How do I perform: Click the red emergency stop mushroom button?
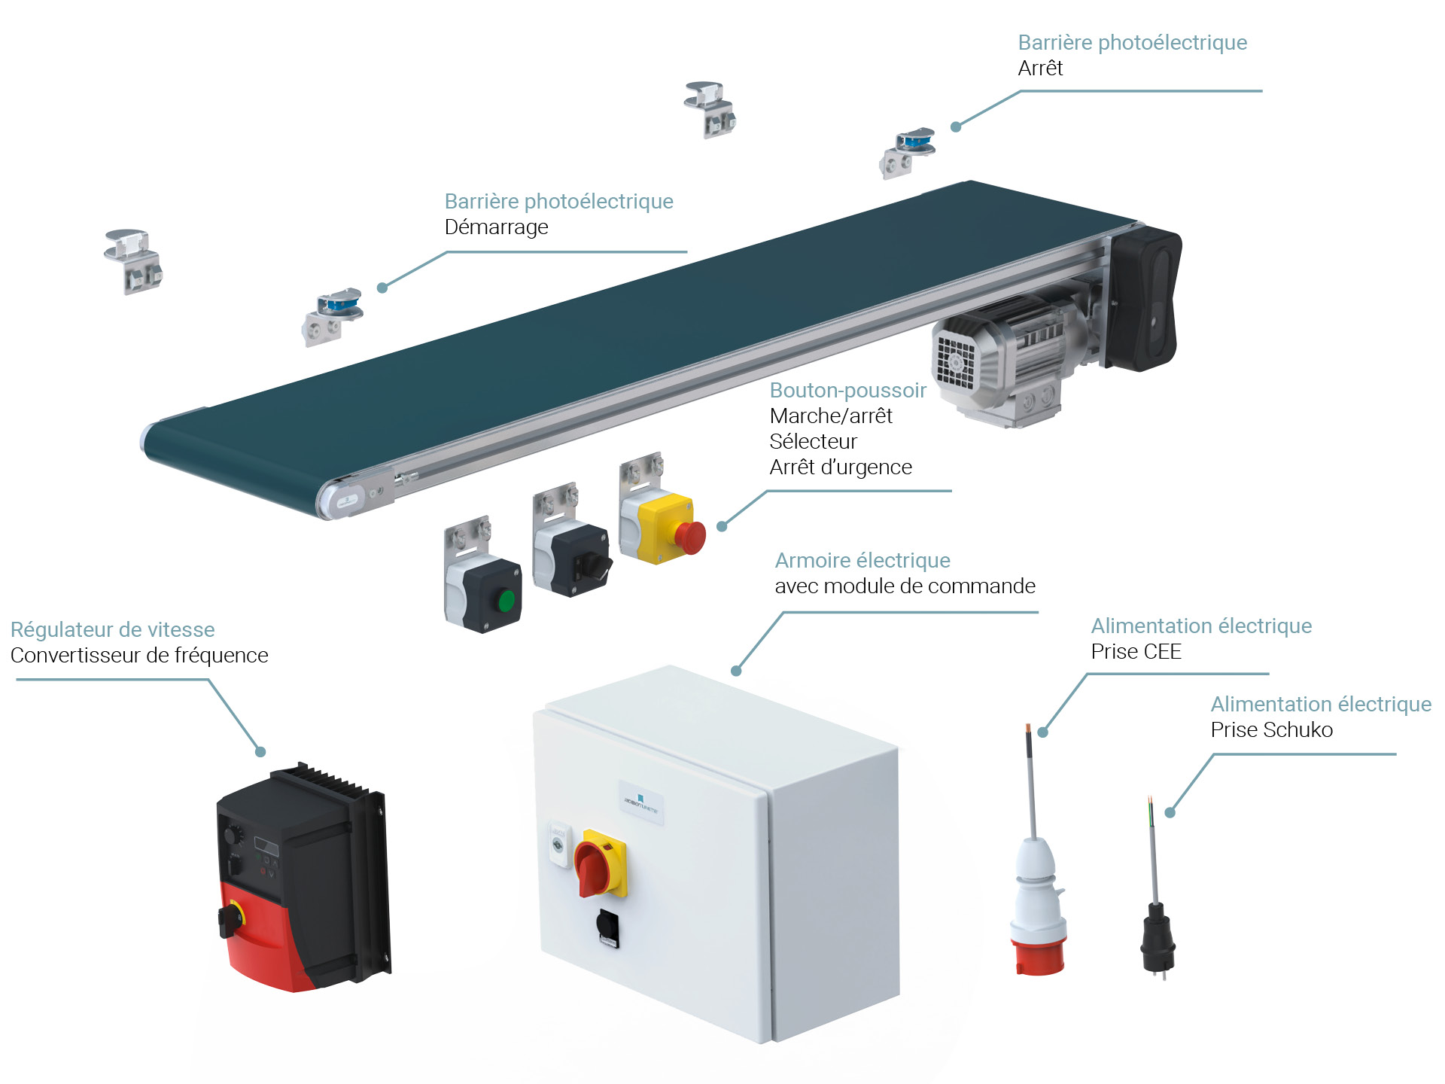pyautogui.click(x=690, y=537)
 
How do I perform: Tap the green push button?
pyautogui.click(x=507, y=601)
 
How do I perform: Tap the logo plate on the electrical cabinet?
pyautogui.click(x=641, y=802)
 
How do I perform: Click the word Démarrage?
pyautogui.click(x=496, y=227)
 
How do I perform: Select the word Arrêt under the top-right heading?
pyautogui.click(x=1040, y=68)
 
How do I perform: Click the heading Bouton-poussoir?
pyautogui.click(x=847, y=390)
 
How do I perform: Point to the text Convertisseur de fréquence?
pyautogui.click(x=139, y=655)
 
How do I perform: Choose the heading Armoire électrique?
pyautogui.click(x=862, y=560)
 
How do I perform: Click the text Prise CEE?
pyautogui.click(x=1136, y=651)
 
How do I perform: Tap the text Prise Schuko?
pyautogui.click(x=1271, y=729)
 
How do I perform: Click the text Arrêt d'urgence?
pyautogui.click(x=841, y=467)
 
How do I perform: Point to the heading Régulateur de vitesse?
pyautogui.click(x=113, y=629)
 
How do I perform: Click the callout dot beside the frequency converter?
pyautogui.click(x=260, y=751)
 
